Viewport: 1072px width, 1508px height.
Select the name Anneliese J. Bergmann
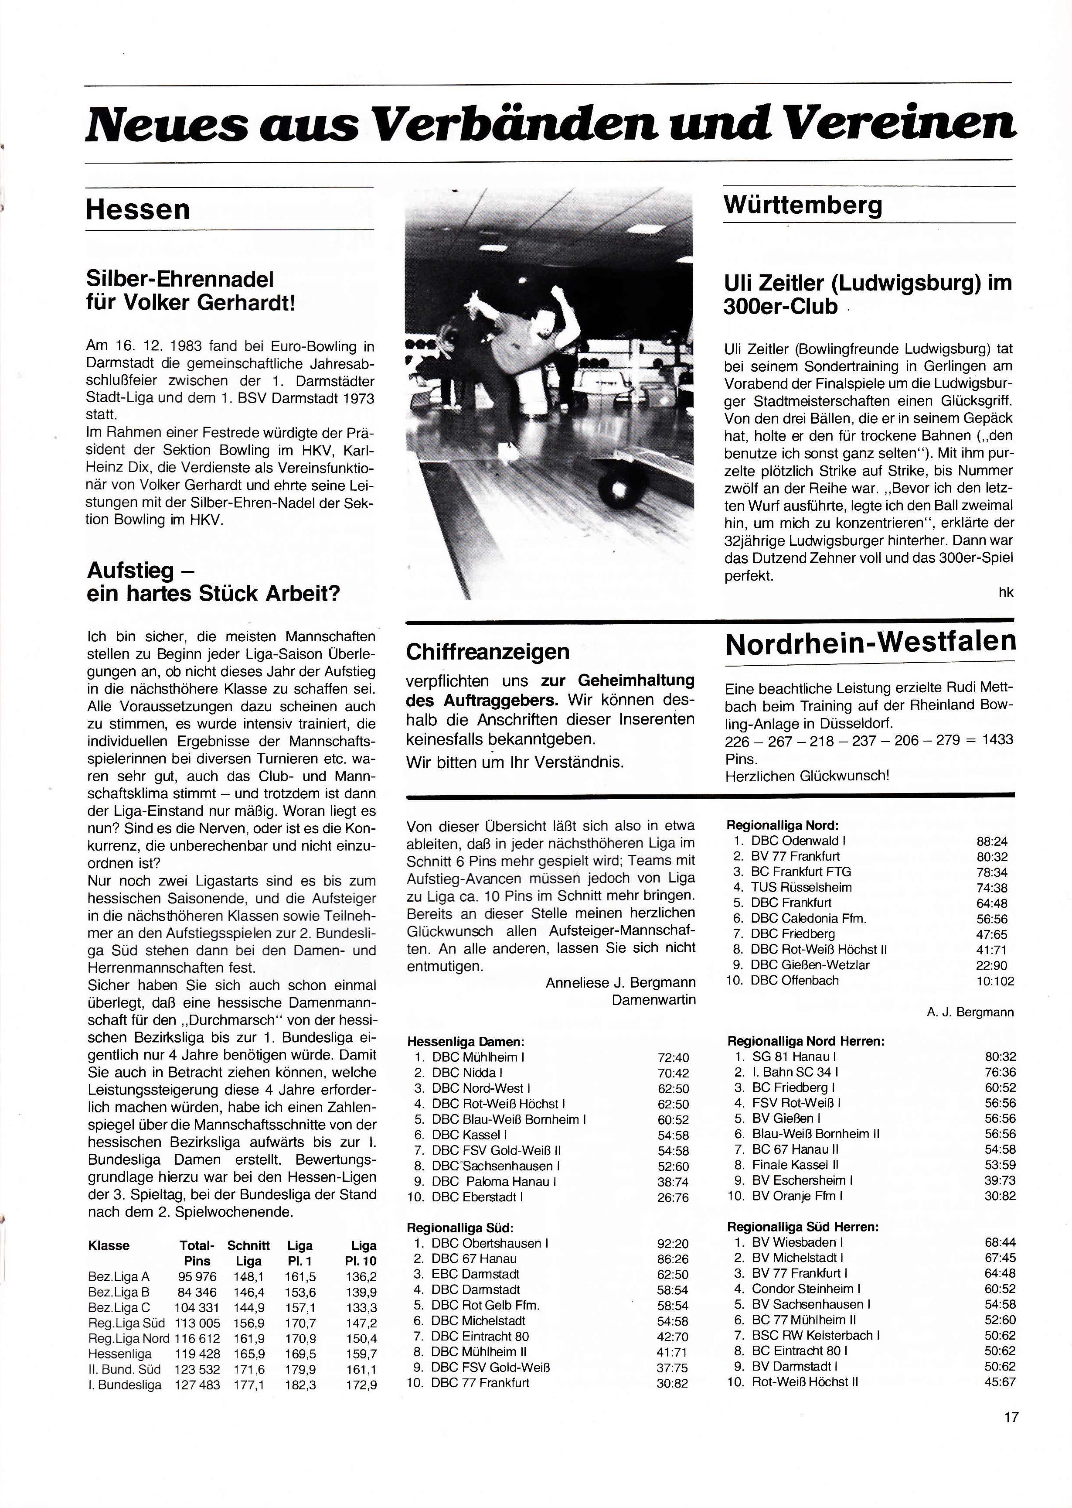coord(620,983)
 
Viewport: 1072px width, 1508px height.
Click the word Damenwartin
coord(653,1000)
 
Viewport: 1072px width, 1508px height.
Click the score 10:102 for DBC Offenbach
coord(995,981)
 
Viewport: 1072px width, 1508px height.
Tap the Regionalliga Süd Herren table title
coord(803,1227)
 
